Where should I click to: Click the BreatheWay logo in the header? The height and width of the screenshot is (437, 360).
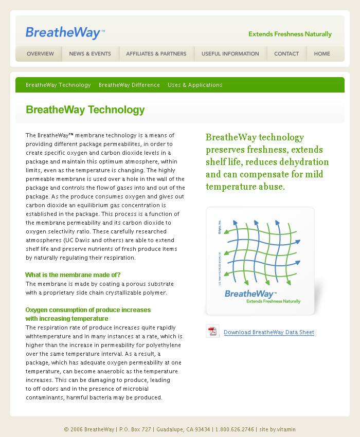tap(65, 33)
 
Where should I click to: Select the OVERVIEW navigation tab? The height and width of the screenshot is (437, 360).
tap(40, 54)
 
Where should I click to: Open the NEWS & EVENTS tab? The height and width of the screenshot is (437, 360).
tap(90, 54)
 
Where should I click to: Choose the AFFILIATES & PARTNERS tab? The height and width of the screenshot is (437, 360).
tap(156, 54)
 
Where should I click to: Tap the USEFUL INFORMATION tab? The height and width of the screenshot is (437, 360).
tap(230, 54)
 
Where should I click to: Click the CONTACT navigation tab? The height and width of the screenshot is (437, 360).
tap(286, 54)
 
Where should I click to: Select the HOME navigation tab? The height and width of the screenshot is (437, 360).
tap(322, 54)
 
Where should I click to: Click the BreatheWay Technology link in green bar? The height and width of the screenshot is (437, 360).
tap(58, 85)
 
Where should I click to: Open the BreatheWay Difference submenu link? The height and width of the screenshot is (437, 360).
tap(129, 85)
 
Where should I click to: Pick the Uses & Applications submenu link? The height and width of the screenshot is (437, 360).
tap(195, 85)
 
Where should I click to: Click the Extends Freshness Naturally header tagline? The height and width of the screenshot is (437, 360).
tap(290, 34)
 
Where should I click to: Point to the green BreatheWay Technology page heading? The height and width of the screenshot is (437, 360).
tap(85, 110)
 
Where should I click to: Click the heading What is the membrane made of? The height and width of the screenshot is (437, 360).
tap(73, 275)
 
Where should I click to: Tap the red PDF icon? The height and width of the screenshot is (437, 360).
tap(212, 332)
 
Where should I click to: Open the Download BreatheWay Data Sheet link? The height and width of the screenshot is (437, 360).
tap(269, 333)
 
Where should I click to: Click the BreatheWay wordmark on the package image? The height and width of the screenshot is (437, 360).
tap(250, 294)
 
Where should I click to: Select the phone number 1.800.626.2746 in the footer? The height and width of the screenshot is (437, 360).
tap(235, 429)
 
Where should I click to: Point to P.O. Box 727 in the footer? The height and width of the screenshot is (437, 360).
tap(135, 429)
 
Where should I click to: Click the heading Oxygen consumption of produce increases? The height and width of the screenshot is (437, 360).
tap(88, 310)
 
